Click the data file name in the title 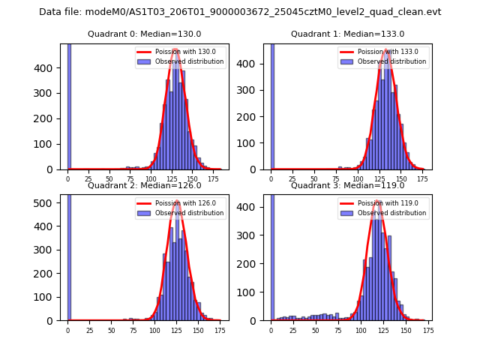[x=240, y=12]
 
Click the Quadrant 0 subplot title [x=144, y=34]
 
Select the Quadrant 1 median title [x=347, y=34]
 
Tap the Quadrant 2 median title [x=144, y=185]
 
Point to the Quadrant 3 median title [x=347, y=185]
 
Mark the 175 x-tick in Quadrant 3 [x=427, y=330]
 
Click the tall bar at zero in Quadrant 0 [x=68, y=106]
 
